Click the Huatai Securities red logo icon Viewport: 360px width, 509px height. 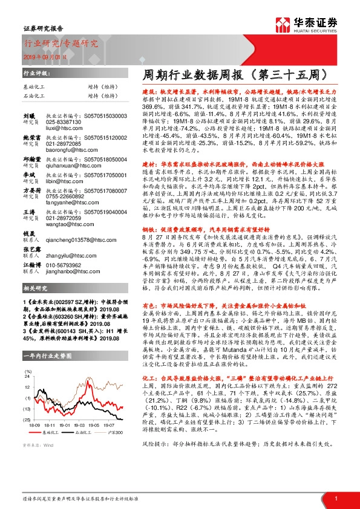[x=283, y=27]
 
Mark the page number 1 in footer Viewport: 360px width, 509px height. [x=335, y=498]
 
